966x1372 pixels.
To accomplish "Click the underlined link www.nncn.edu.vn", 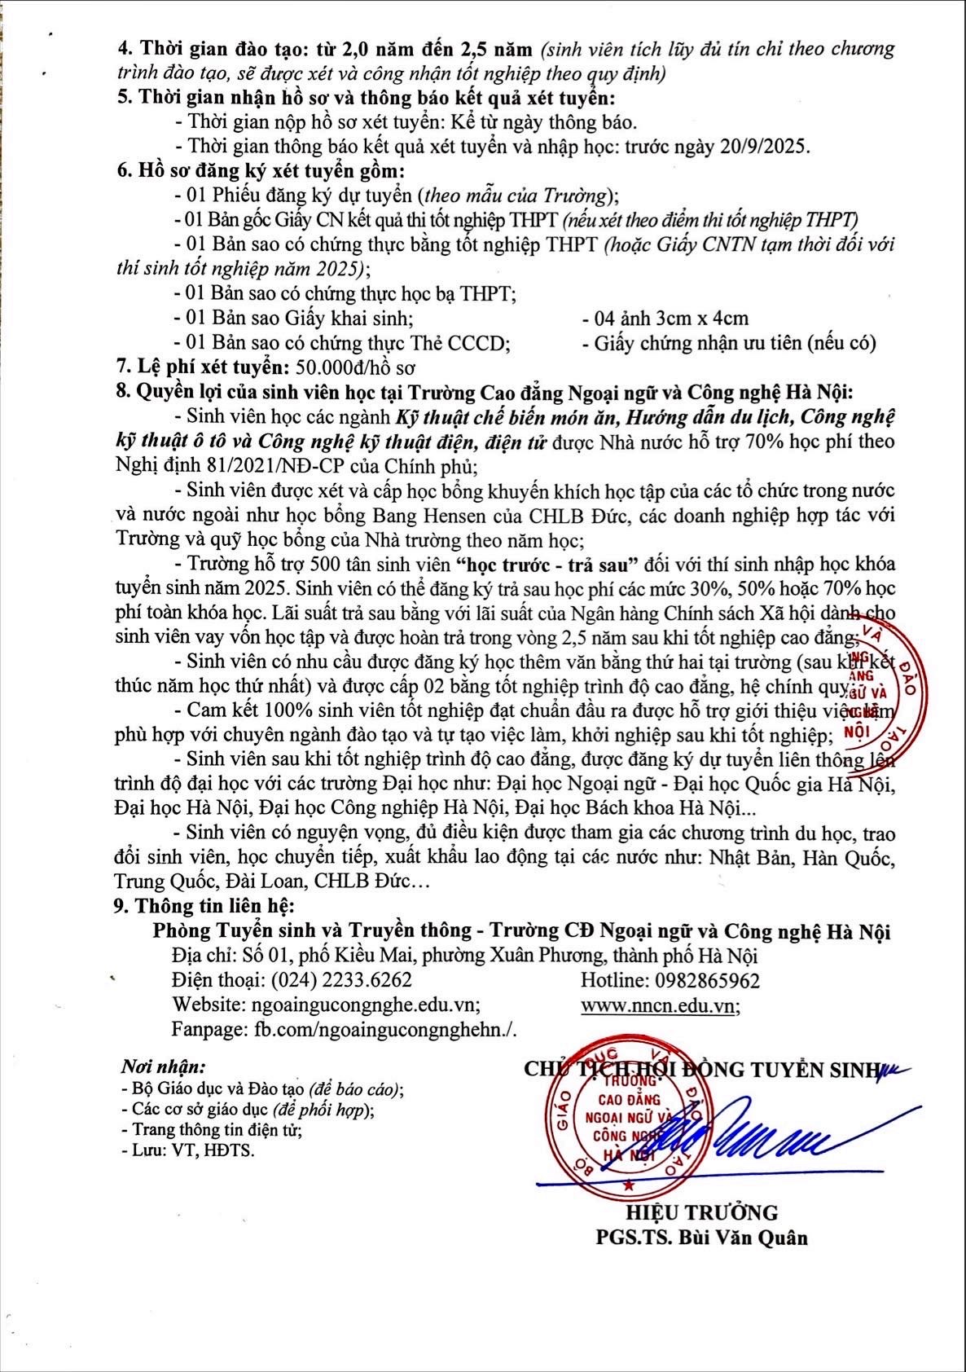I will click(x=657, y=1006).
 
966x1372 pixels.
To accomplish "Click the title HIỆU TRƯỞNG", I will click(x=701, y=1213).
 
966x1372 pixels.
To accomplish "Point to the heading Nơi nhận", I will click(x=163, y=1067).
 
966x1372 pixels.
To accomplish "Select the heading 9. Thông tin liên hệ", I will click(x=204, y=906).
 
